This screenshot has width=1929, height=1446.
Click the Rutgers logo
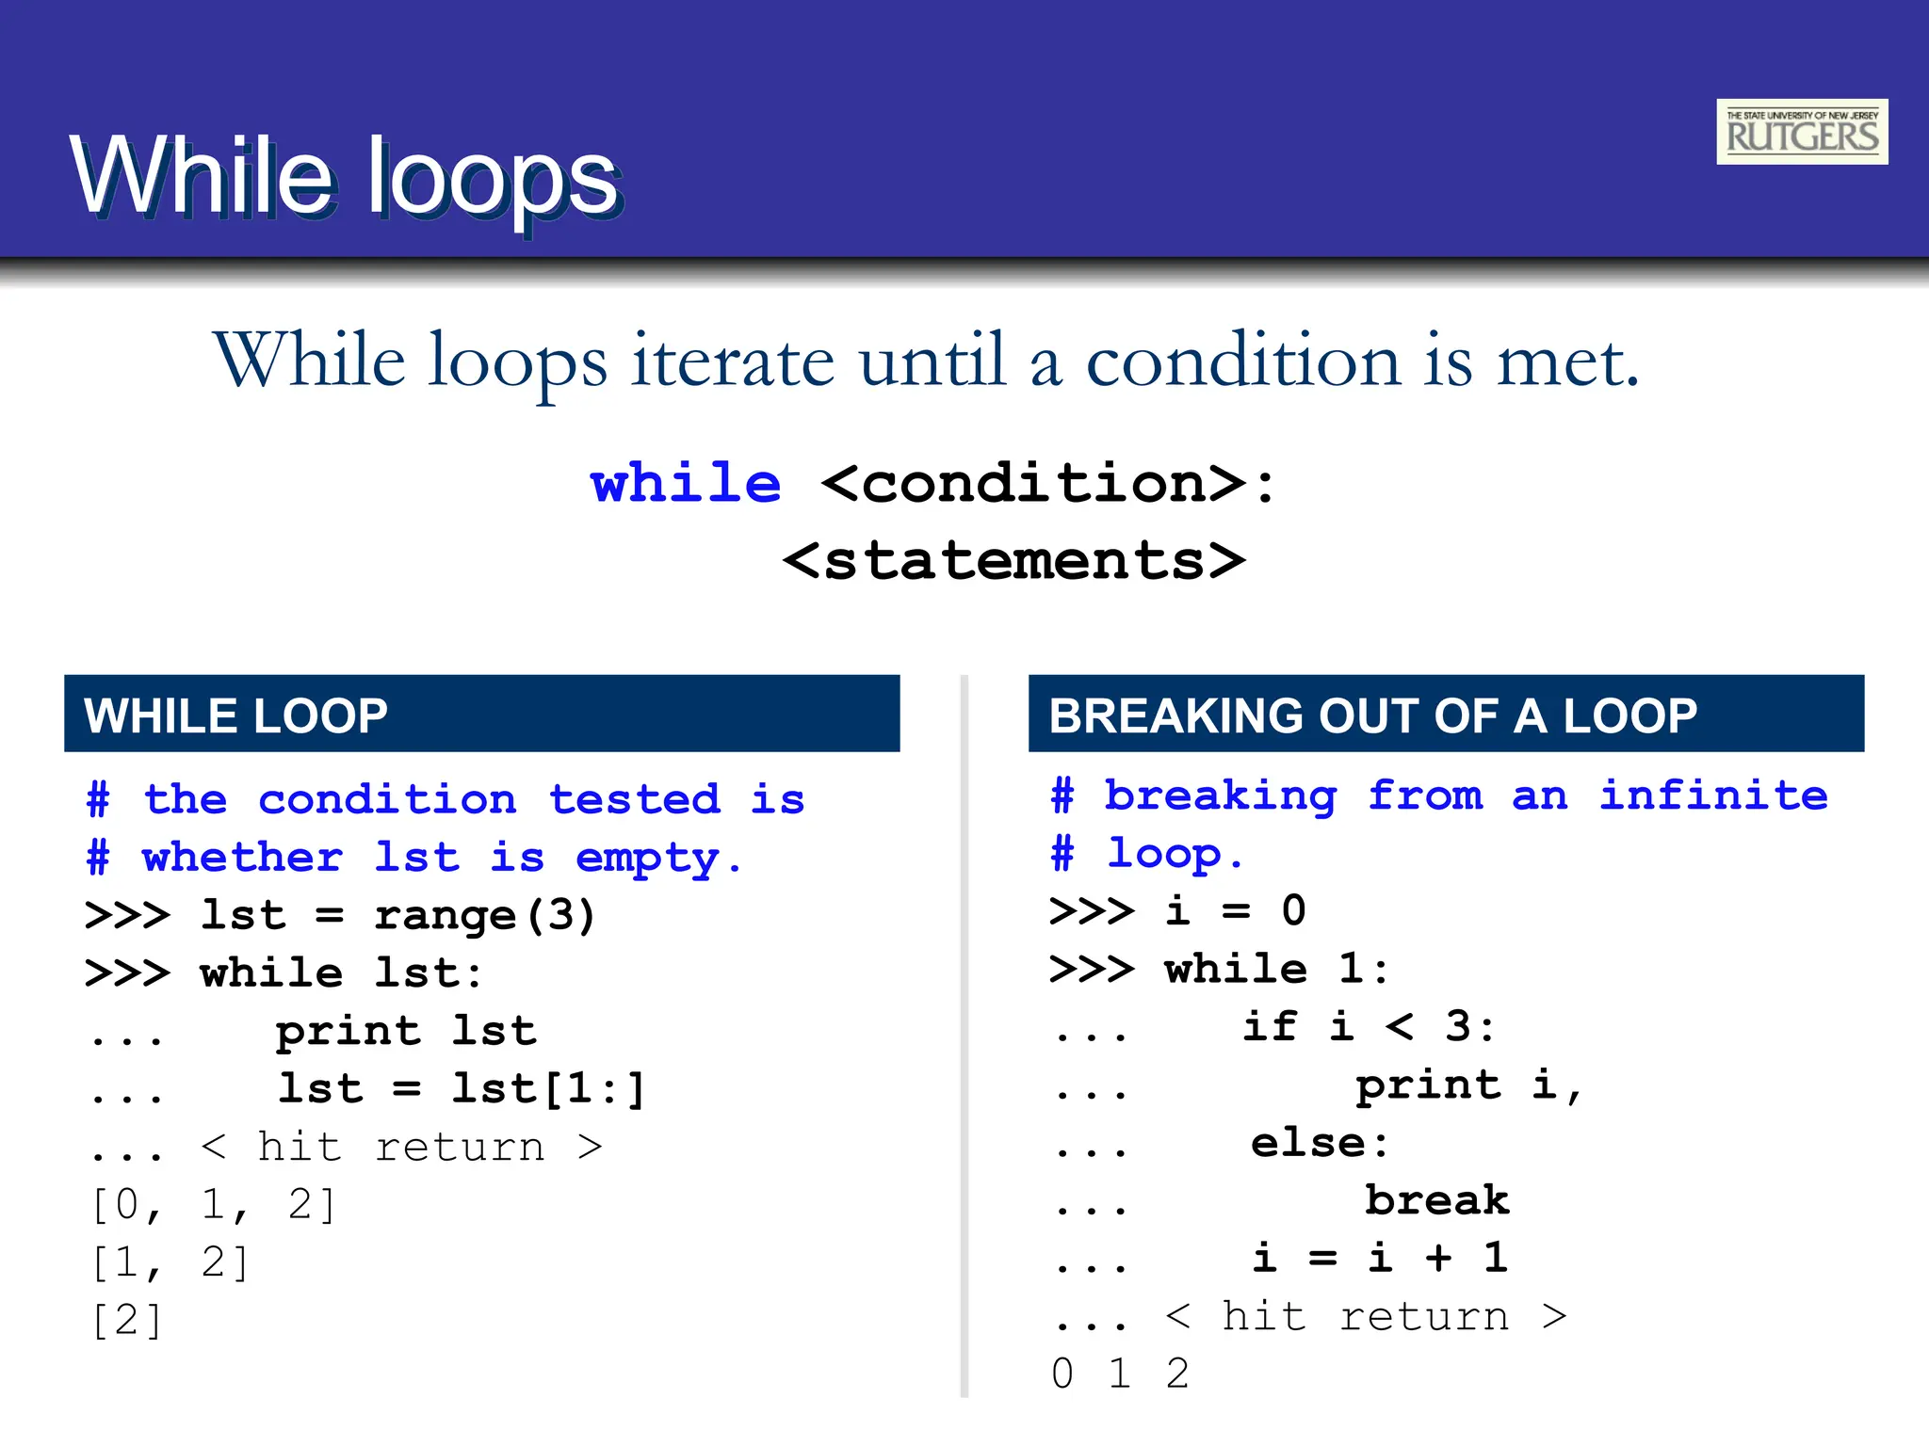(x=1801, y=132)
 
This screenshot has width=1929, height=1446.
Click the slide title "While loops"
(x=345, y=177)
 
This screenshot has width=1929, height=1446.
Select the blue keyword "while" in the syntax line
(x=686, y=484)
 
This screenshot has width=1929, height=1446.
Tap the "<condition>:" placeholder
(x=1048, y=484)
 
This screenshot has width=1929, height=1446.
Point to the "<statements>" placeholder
(x=1013, y=561)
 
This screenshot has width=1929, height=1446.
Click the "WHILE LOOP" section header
(x=235, y=715)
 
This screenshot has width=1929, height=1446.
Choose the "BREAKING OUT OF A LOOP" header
(x=1372, y=715)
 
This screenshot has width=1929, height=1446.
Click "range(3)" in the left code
(x=484, y=915)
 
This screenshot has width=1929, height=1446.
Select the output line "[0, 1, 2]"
(x=213, y=1205)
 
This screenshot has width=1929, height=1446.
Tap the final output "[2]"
(x=127, y=1320)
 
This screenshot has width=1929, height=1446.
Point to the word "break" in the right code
(x=1436, y=1200)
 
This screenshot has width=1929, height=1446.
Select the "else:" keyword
(x=1319, y=1143)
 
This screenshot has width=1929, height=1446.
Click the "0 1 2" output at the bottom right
(x=1120, y=1374)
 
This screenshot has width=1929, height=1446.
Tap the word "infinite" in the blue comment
(x=1713, y=796)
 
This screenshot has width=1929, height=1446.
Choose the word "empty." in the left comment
(x=658, y=858)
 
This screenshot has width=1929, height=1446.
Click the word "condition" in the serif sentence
(x=1242, y=361)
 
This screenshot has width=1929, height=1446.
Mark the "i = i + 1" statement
(x=1380, y=1258)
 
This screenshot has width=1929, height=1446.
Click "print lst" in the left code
(x=405, y=1031)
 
